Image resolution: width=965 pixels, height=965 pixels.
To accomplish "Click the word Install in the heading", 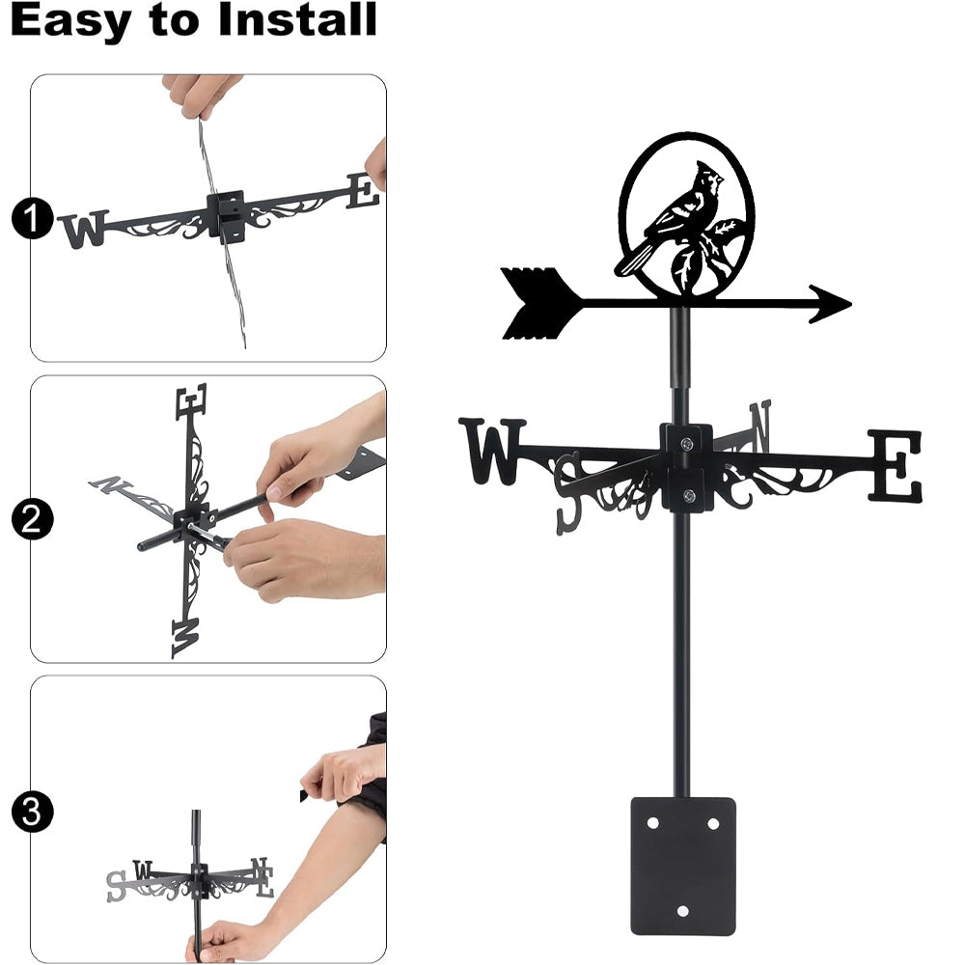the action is [x=297, y=19].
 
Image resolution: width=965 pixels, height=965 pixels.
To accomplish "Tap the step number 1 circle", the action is [x=32, y=218].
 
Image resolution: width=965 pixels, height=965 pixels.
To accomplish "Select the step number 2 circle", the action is [x=32, y=519].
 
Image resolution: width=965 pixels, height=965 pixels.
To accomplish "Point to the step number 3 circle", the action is [x=32, y=812].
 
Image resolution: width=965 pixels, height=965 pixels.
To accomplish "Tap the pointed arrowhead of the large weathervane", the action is [x=830, y=303].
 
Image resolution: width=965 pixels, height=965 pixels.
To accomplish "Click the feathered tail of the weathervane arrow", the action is [x=541, y=303].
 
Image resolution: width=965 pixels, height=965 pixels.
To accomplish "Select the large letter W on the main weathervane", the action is [x=493, y=451].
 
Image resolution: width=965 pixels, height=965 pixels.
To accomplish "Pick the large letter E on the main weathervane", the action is [x=895, y=466].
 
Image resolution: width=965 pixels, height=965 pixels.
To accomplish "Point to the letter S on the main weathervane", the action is [x=568, y=493].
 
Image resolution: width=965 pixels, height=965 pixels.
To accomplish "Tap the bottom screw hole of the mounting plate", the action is [x=682, y=911].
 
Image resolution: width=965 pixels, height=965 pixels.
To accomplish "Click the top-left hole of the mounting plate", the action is [x=652, y=823].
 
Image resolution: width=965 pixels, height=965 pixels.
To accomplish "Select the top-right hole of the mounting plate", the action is [x=713, y=823].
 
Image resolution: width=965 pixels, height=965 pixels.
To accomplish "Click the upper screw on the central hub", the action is [x=686, y=443].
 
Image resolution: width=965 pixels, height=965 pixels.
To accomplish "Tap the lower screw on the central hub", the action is [x=689, y=495].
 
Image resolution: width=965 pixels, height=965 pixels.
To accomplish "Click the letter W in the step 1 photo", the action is [x=84, y=229].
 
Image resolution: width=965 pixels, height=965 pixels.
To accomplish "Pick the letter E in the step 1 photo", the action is [x=363, y=191].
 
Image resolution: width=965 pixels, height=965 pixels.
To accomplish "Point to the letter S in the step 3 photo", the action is [x=116, y=886].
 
